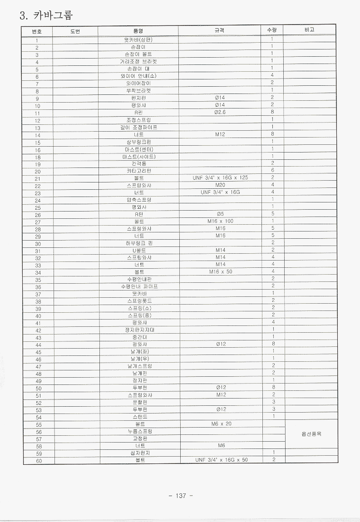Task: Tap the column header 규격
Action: (220, 30)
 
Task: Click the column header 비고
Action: (310, 30)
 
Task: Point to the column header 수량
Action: (272, 30)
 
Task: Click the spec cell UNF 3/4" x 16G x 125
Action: (221, 178)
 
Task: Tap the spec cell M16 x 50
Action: (221, 272)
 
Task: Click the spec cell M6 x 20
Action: (221, 424)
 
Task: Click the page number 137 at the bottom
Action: (181, 496)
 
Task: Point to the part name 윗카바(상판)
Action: (138, 39)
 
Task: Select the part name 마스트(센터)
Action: (139, 149)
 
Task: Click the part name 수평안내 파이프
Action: (139, 286)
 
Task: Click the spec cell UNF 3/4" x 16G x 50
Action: (222, 460)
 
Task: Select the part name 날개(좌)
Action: (139, 351)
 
